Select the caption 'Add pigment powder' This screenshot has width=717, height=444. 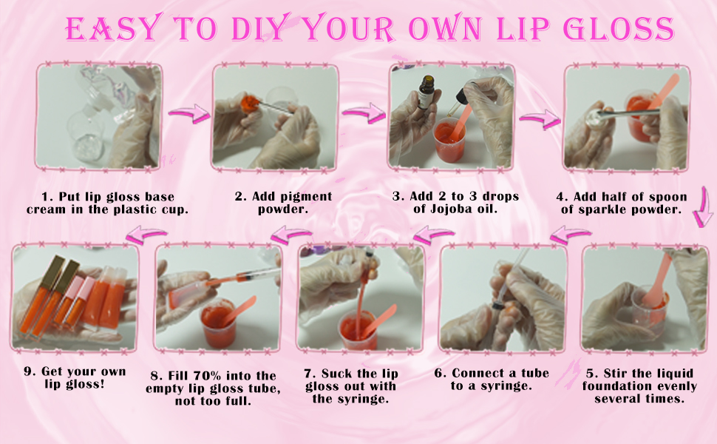point(283,203)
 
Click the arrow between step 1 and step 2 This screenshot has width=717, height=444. point(188,115)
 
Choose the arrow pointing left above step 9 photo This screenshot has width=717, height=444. point(146,235)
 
